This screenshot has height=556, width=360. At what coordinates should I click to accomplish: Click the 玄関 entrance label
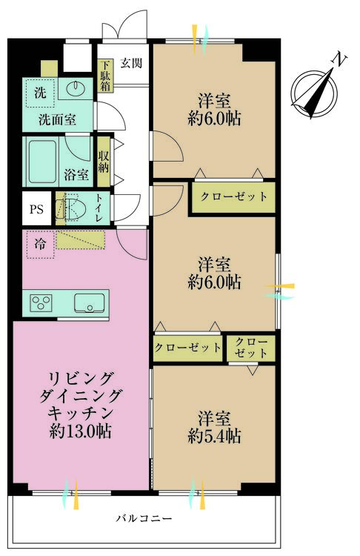point(131,63)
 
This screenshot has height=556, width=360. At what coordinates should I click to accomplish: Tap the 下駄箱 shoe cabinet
point(105,76)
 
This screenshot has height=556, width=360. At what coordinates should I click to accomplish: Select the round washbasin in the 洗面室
point(76,87)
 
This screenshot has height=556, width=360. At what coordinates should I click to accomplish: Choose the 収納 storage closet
point(104,162)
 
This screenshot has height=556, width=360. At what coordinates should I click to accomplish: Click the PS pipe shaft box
point(36,208)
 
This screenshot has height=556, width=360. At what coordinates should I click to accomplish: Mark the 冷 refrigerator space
point(41,245)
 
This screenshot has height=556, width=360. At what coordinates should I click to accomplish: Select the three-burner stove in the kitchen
point(41,303)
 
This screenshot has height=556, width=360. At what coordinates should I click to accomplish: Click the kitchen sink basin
point(90,303)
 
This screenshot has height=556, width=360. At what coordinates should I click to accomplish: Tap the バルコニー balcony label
point(144,519)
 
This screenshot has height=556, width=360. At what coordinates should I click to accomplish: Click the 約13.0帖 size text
point(80,431)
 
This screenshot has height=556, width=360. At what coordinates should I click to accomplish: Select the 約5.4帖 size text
point(214,436)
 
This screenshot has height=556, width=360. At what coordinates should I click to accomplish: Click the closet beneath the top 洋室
point(233,197)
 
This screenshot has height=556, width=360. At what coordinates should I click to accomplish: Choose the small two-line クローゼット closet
point(251,348)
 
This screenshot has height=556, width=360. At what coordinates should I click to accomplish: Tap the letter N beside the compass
point(339,59)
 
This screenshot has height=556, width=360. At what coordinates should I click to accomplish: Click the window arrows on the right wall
point(280,291)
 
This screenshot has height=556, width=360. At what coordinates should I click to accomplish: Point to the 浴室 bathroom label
point(76,175)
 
